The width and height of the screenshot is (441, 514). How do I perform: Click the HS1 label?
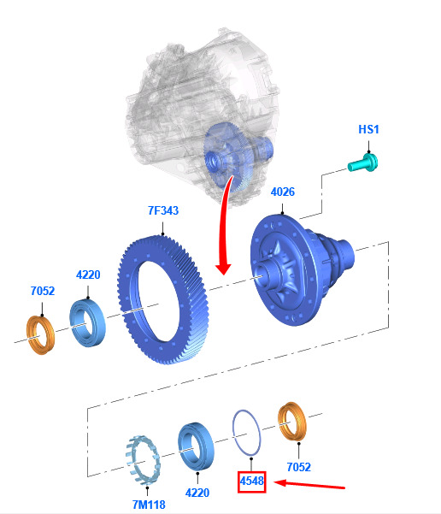tap(368, 129)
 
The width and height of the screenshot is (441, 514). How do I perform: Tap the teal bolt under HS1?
tap(363, 162)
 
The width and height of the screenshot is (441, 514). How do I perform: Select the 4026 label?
tap(283, 192)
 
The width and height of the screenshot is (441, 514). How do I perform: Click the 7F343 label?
tap(163, 210)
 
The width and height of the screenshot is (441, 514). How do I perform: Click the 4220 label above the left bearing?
tap(88, 275)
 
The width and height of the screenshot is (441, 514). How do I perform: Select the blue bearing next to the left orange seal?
tap(88, 322)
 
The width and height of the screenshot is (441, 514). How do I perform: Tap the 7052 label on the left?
tap(43, 291)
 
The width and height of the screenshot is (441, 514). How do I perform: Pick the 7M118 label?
tap(149, 505)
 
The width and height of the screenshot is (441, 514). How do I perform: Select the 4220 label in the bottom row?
tap(197, 493)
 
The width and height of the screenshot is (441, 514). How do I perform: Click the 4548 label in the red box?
tap(251, 482)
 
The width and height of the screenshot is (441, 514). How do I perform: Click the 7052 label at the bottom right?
tap(299, 467)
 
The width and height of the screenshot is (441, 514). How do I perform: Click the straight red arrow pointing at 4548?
tap(309, 485)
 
